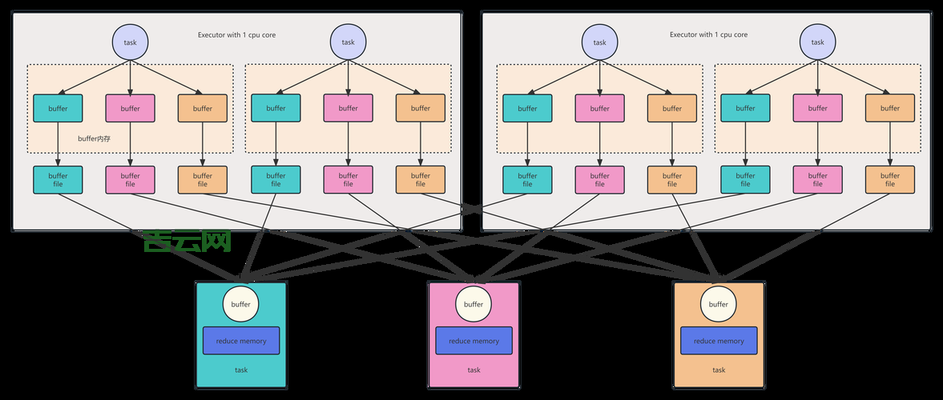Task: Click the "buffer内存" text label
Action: (94, 138)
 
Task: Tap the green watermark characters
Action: (187, 241)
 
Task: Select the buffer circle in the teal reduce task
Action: (240, 304)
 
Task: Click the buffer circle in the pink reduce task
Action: (474, 304)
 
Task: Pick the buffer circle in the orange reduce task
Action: (719, 304)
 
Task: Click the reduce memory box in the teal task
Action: (240, 341)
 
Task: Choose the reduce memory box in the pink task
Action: (474, 341)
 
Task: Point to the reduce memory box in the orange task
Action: (719, 341)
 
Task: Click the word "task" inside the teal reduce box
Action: (240, 370)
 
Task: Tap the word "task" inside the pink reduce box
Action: (474, 370)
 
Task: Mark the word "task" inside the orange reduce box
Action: (719, 370)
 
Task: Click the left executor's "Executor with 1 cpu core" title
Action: (237, 34)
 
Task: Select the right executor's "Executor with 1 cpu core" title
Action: (708, 34)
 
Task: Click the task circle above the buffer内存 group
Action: (130, 42)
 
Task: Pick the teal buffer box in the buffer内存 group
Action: (58, 108)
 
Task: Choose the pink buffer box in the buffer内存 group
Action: (130, 108)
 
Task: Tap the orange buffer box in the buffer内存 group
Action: (202, 108)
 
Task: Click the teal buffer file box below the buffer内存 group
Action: (58, 179)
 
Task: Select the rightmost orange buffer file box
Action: (889, 179)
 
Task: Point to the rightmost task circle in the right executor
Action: (817, 42)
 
